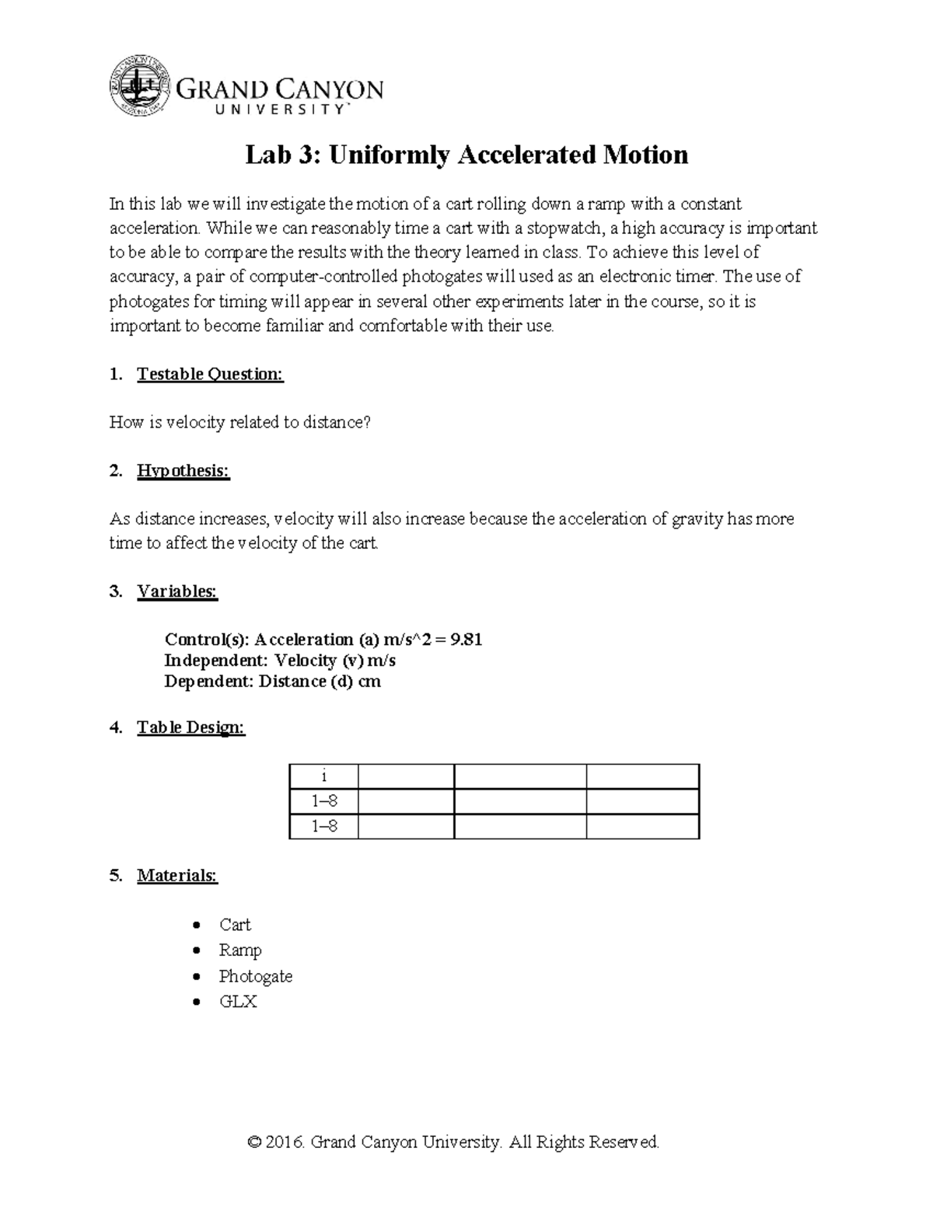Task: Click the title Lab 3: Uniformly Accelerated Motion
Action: click(466, 155)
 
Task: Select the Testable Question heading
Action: click(210, 375)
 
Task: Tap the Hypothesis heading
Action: click(183, 471)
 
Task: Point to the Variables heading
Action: click(177, 591)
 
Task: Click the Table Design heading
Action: click(190, 727)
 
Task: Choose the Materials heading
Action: click(177, 876)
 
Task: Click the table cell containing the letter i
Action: click(323, 776)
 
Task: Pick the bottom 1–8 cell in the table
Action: click(323, 826)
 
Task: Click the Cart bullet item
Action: click(235, 925)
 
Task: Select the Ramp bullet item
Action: click(240, 951)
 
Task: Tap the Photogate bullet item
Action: click(256, 976)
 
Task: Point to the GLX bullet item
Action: click(238, 1002)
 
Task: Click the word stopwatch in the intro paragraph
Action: click(563, 228)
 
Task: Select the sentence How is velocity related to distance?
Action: click(240, 423)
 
